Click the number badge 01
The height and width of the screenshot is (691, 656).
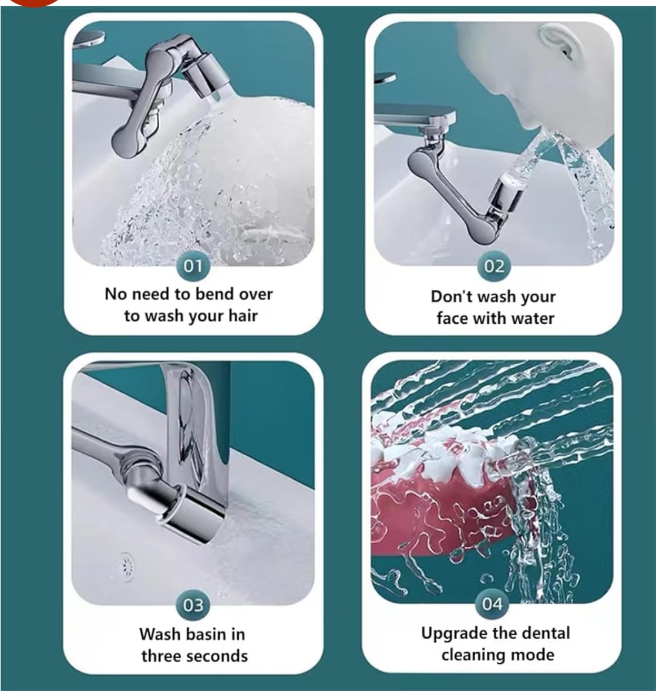click(193, 266)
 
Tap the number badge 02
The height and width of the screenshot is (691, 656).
click(494, 266)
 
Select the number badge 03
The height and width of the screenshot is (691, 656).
click(193, 605)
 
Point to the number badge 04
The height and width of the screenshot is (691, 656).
click(492, 603)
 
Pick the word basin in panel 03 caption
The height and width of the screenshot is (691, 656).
click(208, 634)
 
